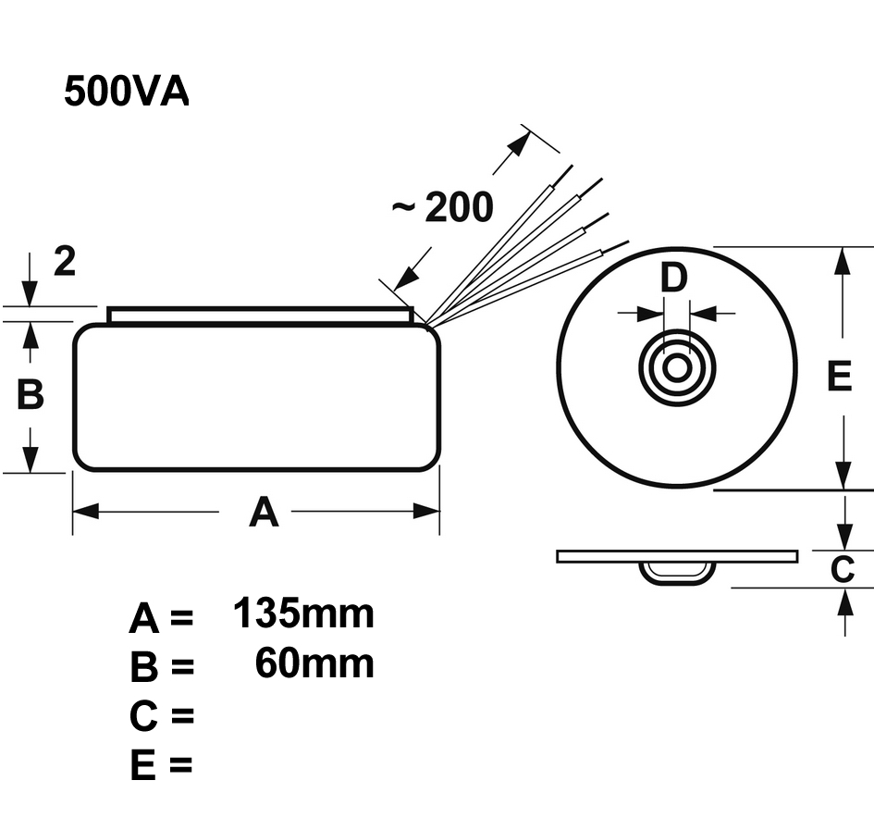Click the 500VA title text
[x=127, y=91]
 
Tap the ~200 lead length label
[x=443, y=206]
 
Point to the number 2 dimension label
[x=65, y=261]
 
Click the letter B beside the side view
[x=31, y=394]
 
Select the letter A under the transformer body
[x=264, y=512]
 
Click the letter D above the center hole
[x=674, y=278]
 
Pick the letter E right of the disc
[x=839, y=376]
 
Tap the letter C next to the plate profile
[x=843, y=569]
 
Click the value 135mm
[x=303, y=613]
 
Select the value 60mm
[x=314, y=663]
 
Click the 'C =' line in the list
[x=162, y=715]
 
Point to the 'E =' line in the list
[x=161, y=764]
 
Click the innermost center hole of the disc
[x=677, y=368]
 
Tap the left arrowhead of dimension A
[x=86, y=511]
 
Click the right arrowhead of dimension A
[x=426, y=511]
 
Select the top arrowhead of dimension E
[x=843, y=261]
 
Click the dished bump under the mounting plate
[x=676, y=574]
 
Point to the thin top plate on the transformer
[x=260, y=316]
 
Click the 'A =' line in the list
[x=161, y=618]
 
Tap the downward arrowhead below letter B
[x=31, y=459]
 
